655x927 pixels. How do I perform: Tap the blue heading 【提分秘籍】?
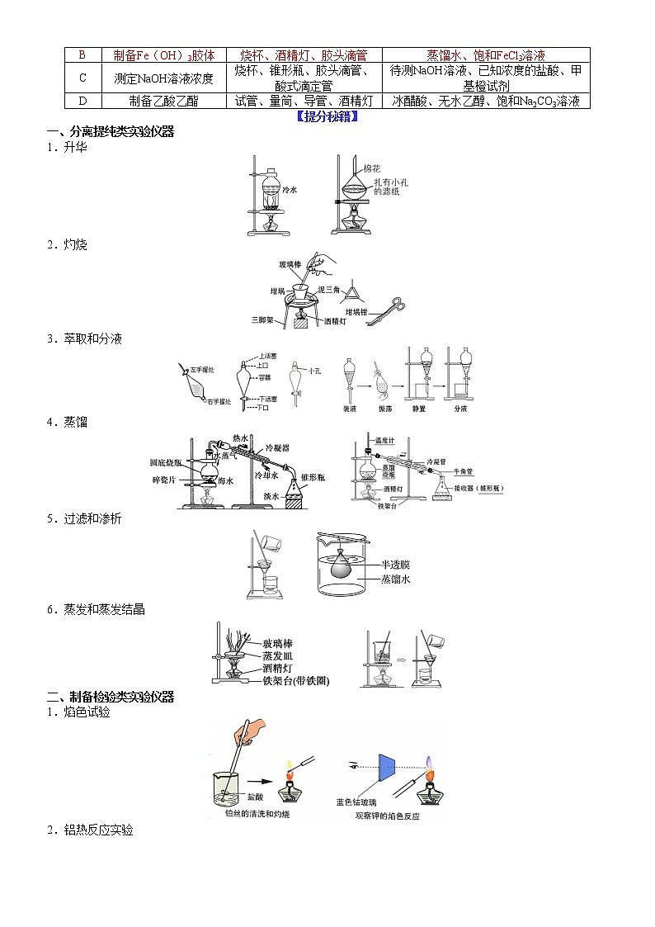tap(327, 116)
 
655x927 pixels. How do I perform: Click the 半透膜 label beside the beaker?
tap(395, 565)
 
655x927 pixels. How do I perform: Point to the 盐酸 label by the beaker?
tap(255, 797)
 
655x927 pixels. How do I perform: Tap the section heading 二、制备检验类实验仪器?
tap(111, 697)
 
